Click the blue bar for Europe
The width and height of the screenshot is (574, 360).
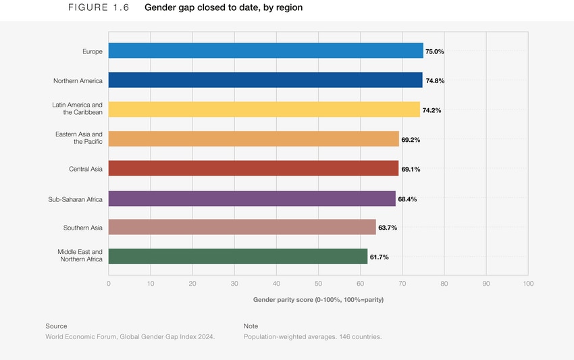click(x=265, y=51)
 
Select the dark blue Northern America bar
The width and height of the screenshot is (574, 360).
click(x=265, y=80)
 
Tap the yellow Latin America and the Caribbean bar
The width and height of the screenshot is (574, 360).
click(x=263, y=109)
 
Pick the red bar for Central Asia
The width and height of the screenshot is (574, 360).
click(x=253, y=169)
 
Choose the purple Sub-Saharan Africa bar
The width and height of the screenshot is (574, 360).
click(x=252, y=199)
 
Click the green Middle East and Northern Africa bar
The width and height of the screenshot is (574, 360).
click(x=238, y=257)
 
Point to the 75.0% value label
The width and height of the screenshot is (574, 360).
click(x=434, y=51)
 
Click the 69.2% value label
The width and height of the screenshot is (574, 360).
click(x=411, y=140)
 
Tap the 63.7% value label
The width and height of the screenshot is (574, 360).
click(x=388, y=228)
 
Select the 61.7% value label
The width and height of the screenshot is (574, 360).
click(x=379, y=257)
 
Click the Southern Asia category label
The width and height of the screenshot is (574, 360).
click(x=83, y=228)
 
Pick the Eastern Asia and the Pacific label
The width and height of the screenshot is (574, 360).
click(x=79, y=138)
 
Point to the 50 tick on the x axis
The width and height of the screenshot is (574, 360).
click(x=318, y=284)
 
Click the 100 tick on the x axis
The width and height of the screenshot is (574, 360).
click(x=527, y=284)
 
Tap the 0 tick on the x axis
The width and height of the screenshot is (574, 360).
click(x=109, y=284)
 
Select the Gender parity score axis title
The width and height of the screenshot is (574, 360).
click(x=318, y=299)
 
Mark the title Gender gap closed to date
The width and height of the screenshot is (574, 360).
click(x=224, y=8)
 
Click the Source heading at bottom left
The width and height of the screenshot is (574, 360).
click(x=56, y=326)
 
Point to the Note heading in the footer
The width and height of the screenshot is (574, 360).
click(x=251, y=326)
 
